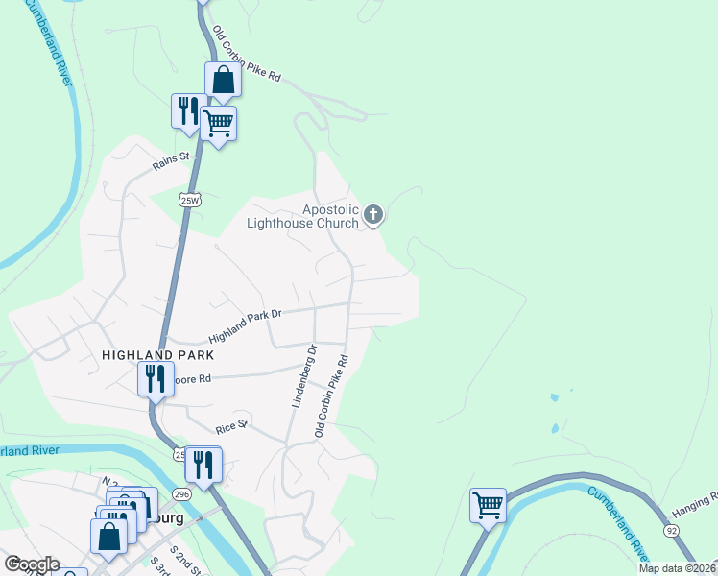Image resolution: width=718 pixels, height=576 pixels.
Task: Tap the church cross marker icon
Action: tap(373, 215)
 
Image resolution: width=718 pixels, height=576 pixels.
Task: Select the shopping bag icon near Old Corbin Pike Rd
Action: tap(223, 81)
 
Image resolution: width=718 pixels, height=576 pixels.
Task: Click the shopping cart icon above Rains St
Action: tap(219, 123)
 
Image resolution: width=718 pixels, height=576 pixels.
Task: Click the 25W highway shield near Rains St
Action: tap(188, 200)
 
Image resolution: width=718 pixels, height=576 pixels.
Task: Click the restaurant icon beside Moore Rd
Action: tap(154, 378)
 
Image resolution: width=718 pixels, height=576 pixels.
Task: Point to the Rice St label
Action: tap(231, 423)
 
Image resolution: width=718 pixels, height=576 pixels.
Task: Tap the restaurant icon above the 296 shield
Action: tap(203, 465)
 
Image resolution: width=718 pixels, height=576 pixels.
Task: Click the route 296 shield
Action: tap(182, 492)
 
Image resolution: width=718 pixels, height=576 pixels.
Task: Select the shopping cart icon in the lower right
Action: tap(488, 505)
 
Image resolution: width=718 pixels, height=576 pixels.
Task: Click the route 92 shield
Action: tap(671, 530)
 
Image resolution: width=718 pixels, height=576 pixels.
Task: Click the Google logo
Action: tap(31, 564)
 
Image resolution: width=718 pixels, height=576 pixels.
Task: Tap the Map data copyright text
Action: tap(677, 568)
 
